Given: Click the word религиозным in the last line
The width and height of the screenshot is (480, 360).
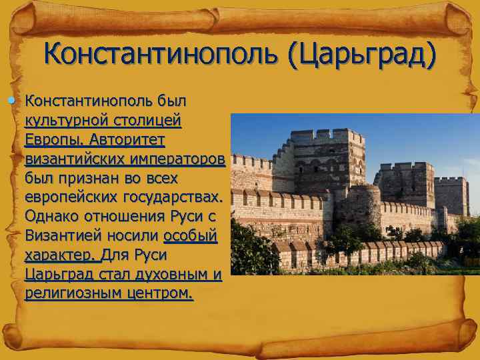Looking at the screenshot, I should [69, 294].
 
